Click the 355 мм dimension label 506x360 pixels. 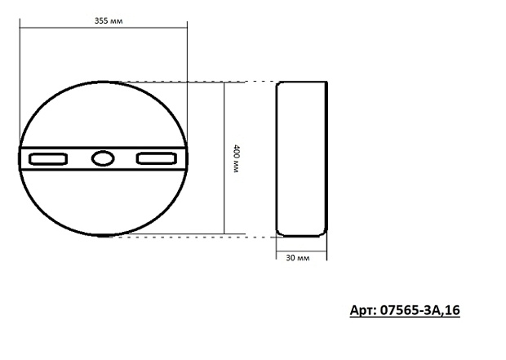pyautogui.click(x=109, y=21)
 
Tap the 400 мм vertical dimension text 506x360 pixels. pyautogui.click(x=237, y=158)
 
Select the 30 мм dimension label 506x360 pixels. pyautogui.click(x=298, y=258)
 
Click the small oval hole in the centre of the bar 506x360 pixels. pyautogui.click(x=103, y=158)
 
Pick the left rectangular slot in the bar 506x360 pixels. pyautogui.click(x=48, y=159)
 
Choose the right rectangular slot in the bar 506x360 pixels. pyautogui.click(x=157, y=158)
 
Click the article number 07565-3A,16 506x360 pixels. pyautogui.click(x=420, y=310)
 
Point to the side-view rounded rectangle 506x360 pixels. pyautogui.click(x=277, y=159)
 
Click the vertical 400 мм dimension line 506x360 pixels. pyautogui.click(x=224, y=158)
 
